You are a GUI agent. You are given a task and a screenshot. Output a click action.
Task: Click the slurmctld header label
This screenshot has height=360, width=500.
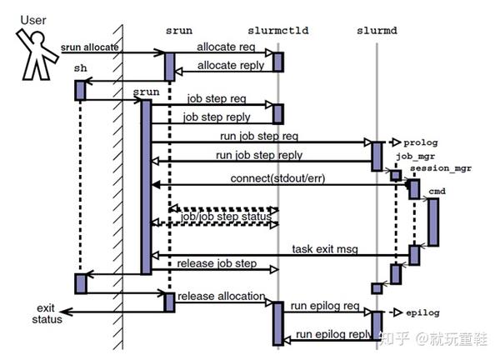pos(278,31)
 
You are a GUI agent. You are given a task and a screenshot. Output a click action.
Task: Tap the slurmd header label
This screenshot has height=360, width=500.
pos(377,31)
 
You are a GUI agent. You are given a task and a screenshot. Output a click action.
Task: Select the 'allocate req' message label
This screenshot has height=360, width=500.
pos(226,47)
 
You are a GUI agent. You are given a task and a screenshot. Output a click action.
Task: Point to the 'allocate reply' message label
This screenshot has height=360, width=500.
pos(231,65)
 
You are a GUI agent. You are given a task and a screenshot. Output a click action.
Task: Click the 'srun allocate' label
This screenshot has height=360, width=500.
pos(90,47)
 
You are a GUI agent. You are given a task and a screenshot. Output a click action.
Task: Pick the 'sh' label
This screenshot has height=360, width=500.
pos(80,68)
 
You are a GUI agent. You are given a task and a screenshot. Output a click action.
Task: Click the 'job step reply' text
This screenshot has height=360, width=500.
pos(217,117)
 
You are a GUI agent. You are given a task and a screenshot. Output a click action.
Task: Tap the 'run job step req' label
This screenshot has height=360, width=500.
pos(259,136)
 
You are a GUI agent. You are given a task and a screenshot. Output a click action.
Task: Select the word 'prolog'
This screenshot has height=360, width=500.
pos(421,142)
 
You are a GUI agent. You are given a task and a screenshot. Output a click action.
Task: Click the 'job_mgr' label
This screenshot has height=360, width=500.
pos(416,156)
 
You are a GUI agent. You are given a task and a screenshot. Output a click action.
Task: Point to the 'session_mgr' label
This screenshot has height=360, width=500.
pos(441,168)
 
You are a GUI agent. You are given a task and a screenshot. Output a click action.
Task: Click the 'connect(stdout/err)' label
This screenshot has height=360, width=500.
pos(277,178)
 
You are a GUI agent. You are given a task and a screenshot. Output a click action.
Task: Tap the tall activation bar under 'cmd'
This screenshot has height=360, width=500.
pos(433,222)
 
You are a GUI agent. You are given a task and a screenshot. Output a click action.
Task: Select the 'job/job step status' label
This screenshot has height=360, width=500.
pos(226,217)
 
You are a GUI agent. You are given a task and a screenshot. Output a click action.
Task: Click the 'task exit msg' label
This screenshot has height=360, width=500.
pos(325,249)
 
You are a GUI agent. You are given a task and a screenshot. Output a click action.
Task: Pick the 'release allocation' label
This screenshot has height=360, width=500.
pos(222,296)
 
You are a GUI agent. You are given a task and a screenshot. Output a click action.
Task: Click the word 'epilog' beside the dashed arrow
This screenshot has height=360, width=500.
pos(422,312)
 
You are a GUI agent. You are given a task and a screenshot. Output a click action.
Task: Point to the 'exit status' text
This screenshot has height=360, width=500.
pos(47,314)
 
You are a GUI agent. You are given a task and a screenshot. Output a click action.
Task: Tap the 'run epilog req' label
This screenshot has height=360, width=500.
pos(325,306)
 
